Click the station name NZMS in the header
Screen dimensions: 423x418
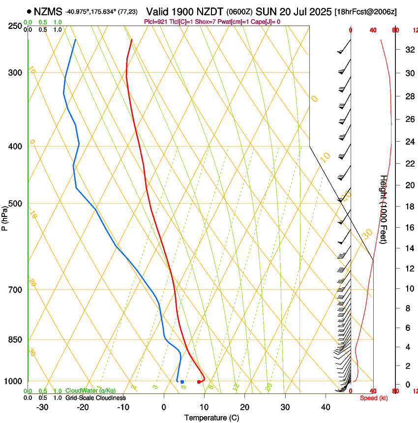pyautogui.click(x=48, y=11)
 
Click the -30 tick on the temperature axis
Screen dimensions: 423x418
pyautogui.click(x=42, y=407)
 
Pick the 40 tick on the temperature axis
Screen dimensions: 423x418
pyautogui.click(x=325, y=407)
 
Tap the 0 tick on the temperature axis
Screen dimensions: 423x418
pyautogui.click(x=164, y=407)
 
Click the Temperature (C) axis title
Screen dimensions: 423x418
pyautogui.click(x=211, y=418)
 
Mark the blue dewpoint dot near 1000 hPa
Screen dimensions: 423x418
pyautogui.click(x=182, y=382)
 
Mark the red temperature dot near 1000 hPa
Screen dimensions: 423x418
pyautogui.click(x=199, y=382)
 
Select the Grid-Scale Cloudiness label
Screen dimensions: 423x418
pyautogui.click(x=95, y=398)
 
